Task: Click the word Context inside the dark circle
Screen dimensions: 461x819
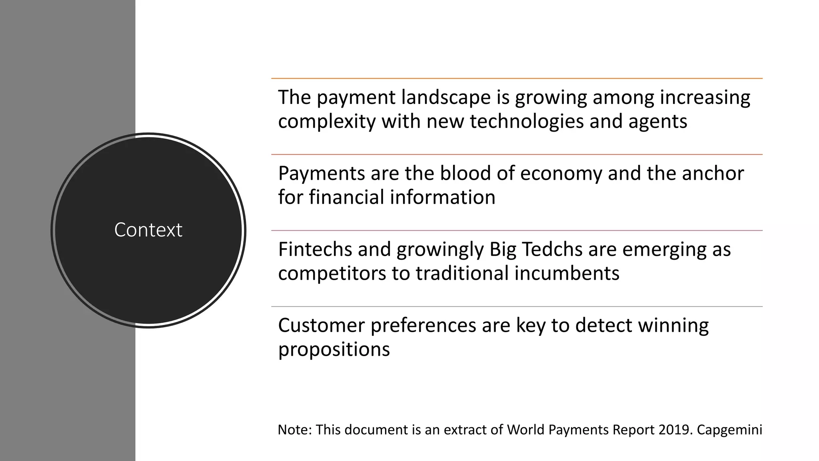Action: click(148, 230)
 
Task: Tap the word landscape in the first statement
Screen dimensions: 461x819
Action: click(446, 98)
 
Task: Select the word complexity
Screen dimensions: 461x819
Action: click(327, 122)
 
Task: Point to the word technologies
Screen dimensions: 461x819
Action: click(527, 122)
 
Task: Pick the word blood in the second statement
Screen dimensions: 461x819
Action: click(465, 174)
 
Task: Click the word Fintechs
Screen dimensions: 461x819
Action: click(315, 249)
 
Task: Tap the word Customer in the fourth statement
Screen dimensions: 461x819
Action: click(321, 325)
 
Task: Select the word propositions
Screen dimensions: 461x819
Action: click(334, 350)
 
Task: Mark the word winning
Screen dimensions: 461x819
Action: click(673, 325)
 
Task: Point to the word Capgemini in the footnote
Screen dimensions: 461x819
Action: click(729, 430)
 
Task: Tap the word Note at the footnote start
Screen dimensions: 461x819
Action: click(294, 430)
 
